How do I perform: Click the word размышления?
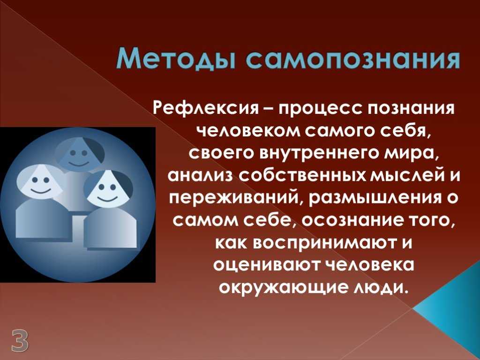[x=370, y=199]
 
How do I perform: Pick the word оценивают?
[x=266, y=265]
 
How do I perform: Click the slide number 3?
[x=20, y=340]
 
